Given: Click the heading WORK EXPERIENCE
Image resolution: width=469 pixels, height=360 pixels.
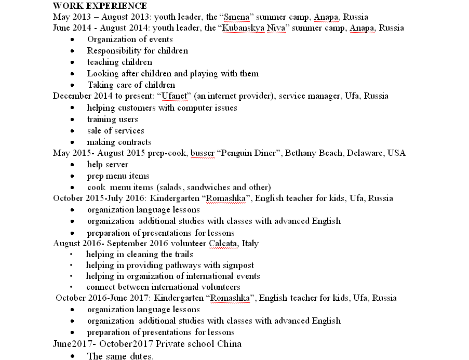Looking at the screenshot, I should pos(100,6).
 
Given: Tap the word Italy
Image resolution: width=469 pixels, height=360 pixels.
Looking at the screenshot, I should pos(250,244).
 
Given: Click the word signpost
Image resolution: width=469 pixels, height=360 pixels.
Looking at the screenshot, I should pos(236,265).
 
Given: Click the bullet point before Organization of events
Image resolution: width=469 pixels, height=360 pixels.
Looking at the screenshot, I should pos(76,39).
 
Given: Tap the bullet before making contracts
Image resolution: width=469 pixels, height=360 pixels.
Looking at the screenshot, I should pos(76,142).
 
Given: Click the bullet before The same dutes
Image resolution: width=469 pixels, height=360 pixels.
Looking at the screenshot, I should pos(76,356).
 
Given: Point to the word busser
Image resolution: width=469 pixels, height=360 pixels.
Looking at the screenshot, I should pos(202,153).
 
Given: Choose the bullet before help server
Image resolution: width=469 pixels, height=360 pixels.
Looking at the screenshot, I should pos(76,165).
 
